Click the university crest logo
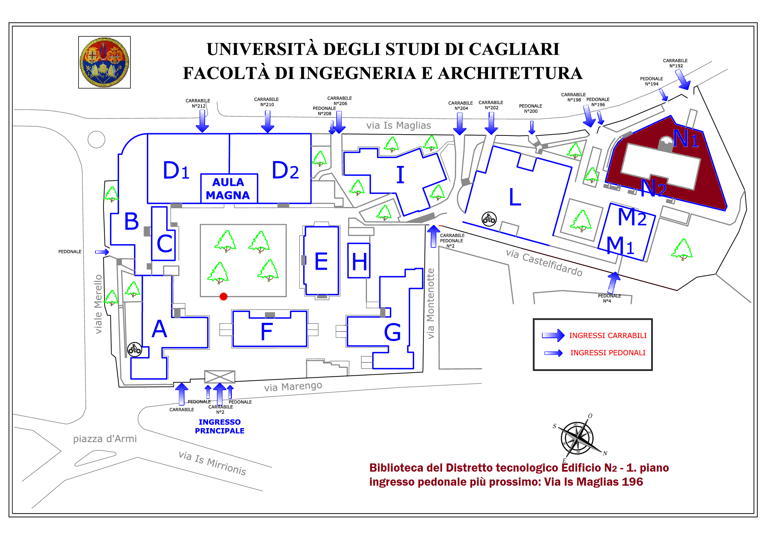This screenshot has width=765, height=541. point(104,62)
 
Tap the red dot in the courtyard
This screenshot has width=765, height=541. point(224,296)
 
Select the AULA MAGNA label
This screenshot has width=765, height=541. point(228,189)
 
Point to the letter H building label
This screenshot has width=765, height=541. point(359,262)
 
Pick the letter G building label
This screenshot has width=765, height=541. point(392,332)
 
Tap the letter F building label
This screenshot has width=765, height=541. point(267,332)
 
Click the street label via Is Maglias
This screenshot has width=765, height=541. point(398,125)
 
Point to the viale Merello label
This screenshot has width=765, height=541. point(98,304)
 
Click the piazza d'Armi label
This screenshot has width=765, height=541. point(105,439)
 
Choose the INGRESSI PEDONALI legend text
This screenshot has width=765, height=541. point(608,353)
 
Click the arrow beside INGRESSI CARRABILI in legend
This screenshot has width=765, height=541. point(553,335)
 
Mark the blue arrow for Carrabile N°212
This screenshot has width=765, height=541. point(202,121)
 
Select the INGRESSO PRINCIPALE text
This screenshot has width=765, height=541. point(219,426)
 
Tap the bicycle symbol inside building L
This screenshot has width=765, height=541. point(489,219)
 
